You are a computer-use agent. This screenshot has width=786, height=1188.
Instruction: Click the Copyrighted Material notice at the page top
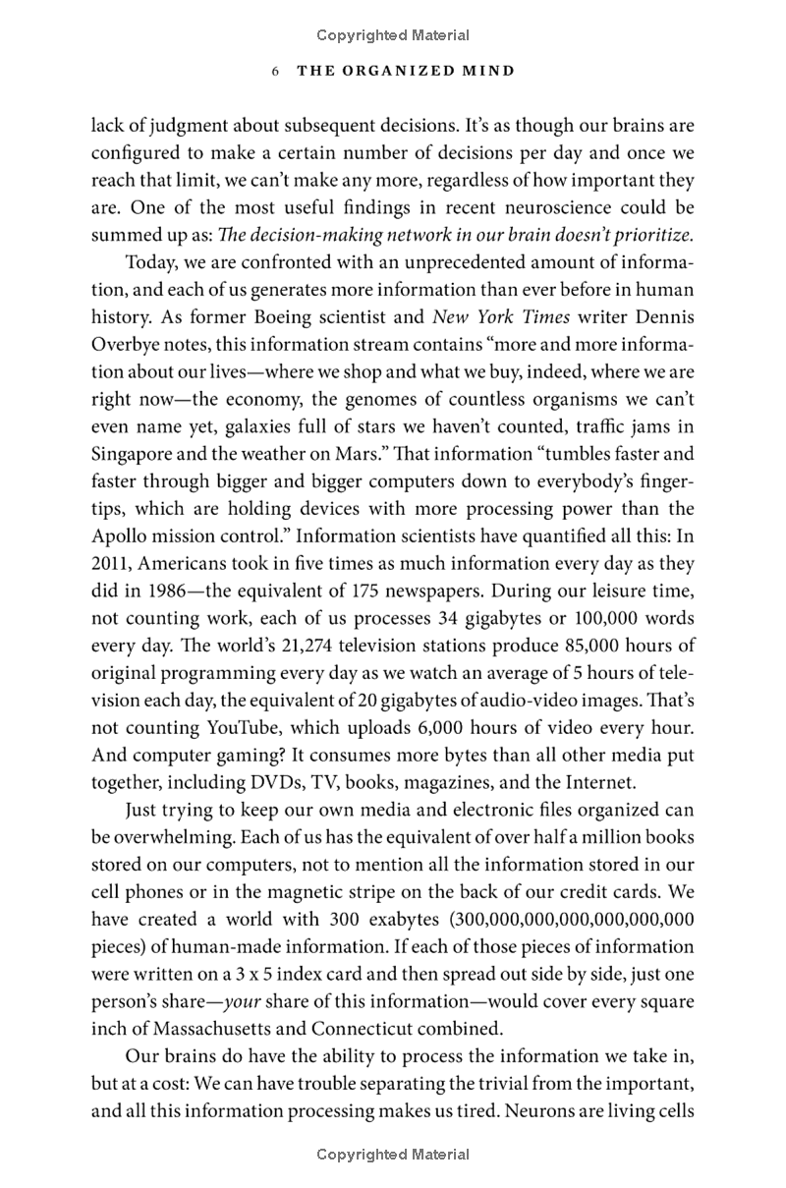[393, 35]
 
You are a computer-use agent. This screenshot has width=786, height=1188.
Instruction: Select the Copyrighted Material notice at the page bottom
[393, 1155]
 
